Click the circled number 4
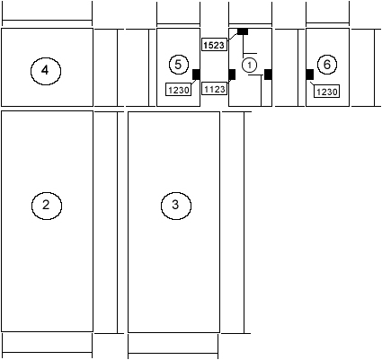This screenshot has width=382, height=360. click(x=46, y=71)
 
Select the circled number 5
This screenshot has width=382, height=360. click(x=179, y=65)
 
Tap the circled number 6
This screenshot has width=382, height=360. click(x=327, y=65)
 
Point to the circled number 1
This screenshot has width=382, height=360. click(x=249, y=66)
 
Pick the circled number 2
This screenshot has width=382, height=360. click(x=47, y=206)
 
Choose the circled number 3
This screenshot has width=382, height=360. click(x=176, y=206)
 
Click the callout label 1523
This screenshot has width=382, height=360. click(x=214, y=45)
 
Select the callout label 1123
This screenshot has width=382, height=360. click(x=214, y=89)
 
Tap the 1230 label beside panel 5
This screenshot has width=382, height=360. click(x=178, y=90)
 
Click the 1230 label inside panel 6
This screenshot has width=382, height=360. click(x=326, y=92)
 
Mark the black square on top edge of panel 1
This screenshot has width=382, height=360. click(x=243, y=31)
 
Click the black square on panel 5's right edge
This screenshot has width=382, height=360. click(x=196, y=75)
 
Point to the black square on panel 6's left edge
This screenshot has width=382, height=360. click(x=310, y=75)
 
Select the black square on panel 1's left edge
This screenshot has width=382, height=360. click(x=232, y=75)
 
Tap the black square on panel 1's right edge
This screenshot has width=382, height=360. click(x=268, y=75)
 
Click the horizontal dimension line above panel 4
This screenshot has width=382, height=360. click(x=47, y=21)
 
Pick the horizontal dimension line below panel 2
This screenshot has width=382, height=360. click(x=47, y=353)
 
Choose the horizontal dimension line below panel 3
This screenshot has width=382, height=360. click(x=173, y=354)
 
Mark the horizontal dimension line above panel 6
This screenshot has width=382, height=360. click(x=327, y=22)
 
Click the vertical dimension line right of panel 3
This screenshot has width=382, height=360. click(x=244, y=223)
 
